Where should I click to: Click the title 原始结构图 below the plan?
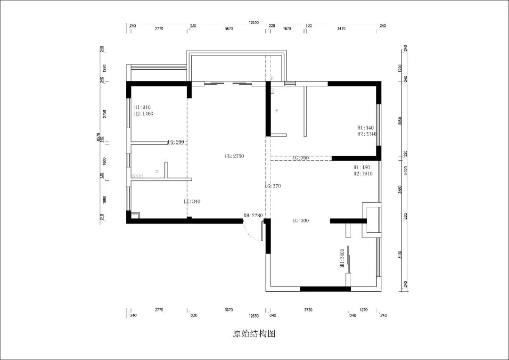254,334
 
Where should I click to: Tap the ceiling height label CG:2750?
234,156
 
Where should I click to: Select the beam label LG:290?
175,142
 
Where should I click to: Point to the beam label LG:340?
192,201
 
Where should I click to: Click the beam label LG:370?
273,186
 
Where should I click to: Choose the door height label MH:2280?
253,216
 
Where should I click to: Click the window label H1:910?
142,107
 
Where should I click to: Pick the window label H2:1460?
143,114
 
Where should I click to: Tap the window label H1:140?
365,127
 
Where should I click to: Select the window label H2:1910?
363,173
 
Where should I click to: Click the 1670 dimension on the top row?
287,29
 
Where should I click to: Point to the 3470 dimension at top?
342,29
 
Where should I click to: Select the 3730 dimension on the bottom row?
308,310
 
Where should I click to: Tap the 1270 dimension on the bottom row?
363,310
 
